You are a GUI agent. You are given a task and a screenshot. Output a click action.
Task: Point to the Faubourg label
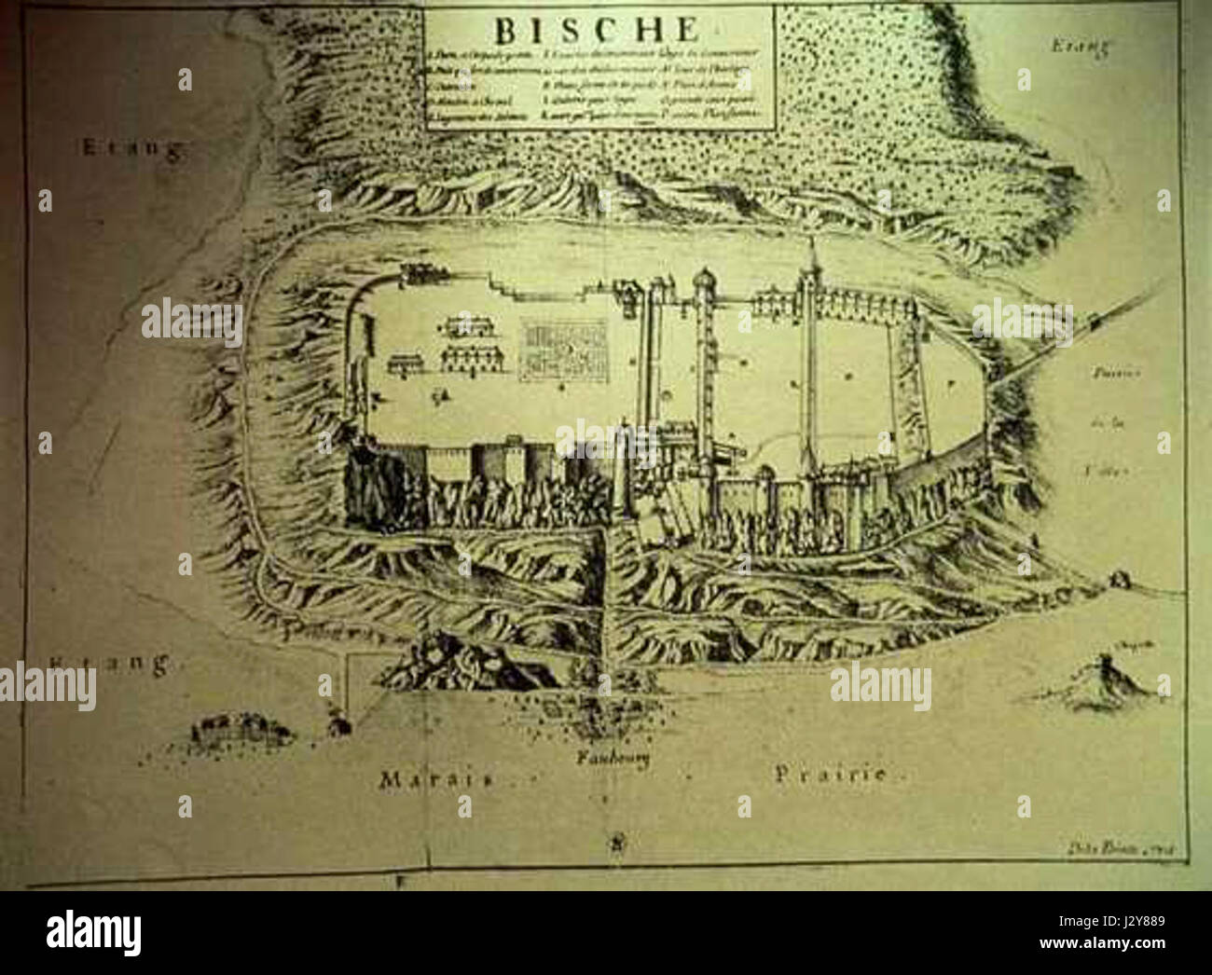pos(611,757)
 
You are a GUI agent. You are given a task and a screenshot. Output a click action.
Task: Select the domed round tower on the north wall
pos(702,280)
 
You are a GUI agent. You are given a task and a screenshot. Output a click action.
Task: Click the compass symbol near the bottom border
pos(616,845)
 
